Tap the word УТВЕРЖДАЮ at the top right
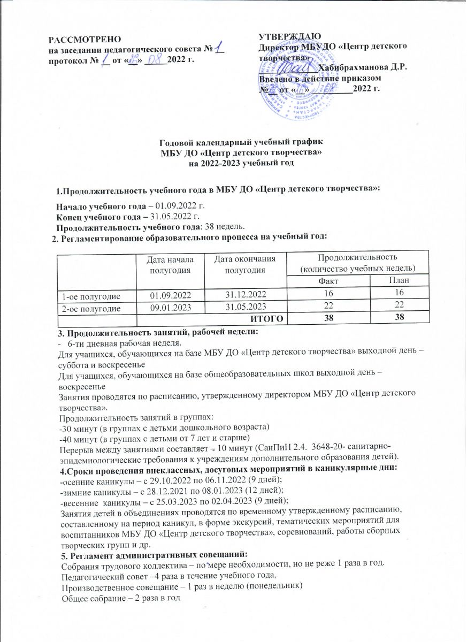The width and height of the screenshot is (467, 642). click(x=289, y=36)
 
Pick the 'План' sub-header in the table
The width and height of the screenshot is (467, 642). click(x=395, y=281)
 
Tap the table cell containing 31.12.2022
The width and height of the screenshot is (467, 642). click(x=244, y=295)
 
